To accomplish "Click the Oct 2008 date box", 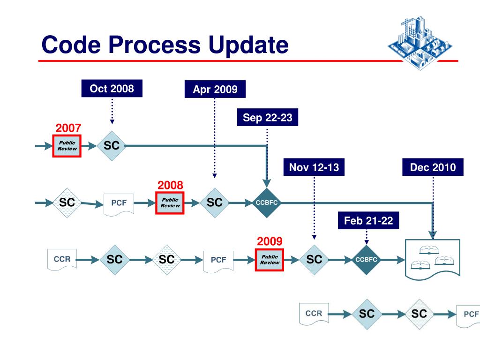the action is (x=112, y=89).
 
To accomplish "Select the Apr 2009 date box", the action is (x=215, y=89).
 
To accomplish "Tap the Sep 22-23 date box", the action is (x=268, y=117).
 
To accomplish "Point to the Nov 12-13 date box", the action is (x=314, y=167).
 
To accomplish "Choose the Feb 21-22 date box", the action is (x=368, y=220).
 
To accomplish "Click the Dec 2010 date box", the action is (x=433, y=167).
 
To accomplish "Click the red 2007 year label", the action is (x=68, y=128).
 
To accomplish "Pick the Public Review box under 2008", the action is (x=170, y=203).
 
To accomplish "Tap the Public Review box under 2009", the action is (x=270, y=260).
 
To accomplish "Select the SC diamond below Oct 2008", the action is (x=112, y=146).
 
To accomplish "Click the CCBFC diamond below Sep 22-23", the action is (x=267, y=202).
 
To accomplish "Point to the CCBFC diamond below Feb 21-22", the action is (x=366, y=260).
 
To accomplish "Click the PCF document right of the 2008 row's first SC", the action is (x=119, y=204).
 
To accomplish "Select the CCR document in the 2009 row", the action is (x=62, y=260).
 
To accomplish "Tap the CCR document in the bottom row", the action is (x=314, y=314).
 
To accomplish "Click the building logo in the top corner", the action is (x=420, y=43).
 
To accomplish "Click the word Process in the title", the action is (x=155, y=45).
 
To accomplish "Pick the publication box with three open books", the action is (x=433, y=259).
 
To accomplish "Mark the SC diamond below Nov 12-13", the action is (x=314, y=260).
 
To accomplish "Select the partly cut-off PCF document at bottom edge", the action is (x=468, y=316).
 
